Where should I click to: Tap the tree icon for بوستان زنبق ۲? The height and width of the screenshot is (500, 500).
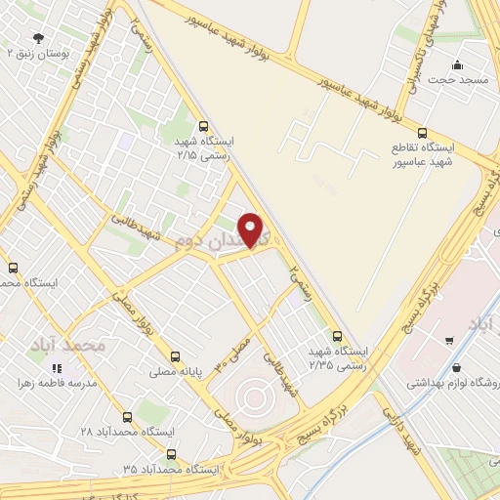coord(38,39)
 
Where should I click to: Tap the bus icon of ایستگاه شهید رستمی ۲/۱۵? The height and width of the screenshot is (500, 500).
coord(203,126)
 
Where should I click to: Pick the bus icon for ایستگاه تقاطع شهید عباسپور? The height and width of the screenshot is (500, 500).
coord(422,133)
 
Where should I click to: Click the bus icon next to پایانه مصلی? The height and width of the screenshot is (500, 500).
coord(176,355)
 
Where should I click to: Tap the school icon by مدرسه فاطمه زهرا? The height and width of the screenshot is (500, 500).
coord(56,368)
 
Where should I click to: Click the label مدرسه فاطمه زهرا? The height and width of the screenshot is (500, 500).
coord(55,384)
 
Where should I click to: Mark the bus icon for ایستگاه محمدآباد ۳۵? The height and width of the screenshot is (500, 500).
coord(172,453)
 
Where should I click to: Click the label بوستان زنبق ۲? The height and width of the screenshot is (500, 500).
coord(39,57)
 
